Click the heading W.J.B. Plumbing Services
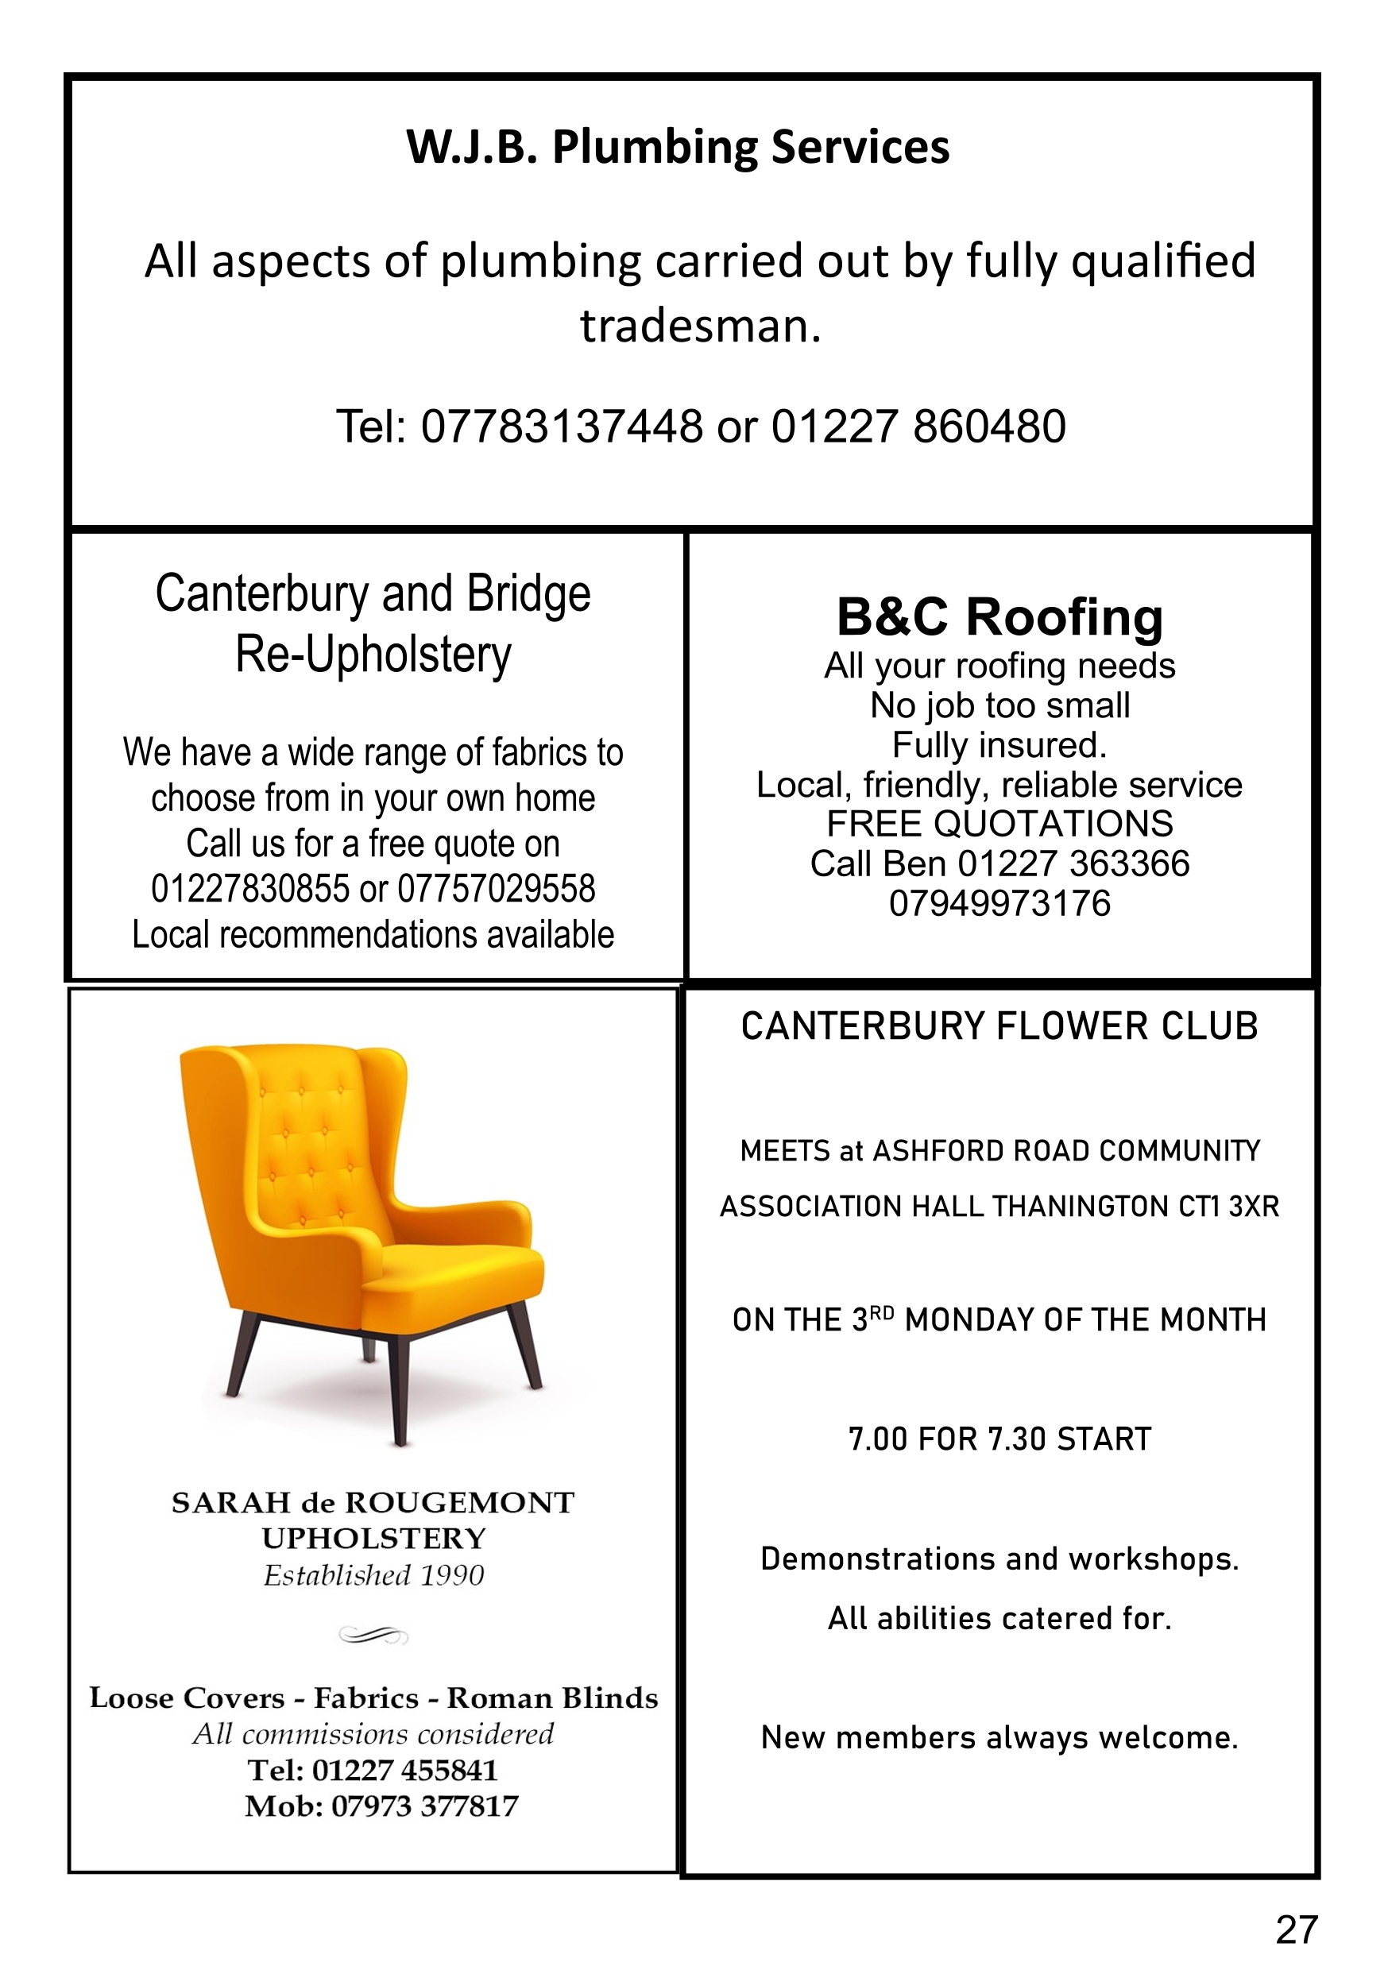tap(677, 148)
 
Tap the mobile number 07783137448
tap(562, 427)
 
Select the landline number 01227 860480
tap(918, 427)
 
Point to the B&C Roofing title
tap(999, 617)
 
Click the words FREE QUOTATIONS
tap(999, 824)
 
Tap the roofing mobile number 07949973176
tap(999, 903)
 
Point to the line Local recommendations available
tap(373, 934)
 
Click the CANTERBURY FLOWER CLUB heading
tap(999, 1026)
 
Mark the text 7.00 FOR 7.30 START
tap(999, 1439)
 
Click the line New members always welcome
tap(999, 1737)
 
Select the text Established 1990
tap(373, 1575)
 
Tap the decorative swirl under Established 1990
tap(373, 1636)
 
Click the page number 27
tap(1296, 1929)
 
